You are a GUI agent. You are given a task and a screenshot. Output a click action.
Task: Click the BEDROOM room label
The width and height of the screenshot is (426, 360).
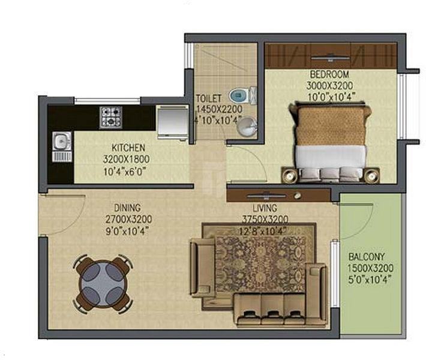tap(329, 74)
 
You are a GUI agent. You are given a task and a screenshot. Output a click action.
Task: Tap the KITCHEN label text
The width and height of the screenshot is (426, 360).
tap(128, 148)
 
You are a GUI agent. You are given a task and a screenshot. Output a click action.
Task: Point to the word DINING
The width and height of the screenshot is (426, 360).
tap(127, 208)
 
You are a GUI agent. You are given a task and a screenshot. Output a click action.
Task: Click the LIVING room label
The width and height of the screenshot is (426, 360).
tap(265, 208)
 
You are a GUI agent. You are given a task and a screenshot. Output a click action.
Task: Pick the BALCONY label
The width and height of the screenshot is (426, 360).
tap(367, 257)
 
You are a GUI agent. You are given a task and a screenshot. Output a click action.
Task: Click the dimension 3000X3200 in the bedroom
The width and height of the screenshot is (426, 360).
tap(329, 86)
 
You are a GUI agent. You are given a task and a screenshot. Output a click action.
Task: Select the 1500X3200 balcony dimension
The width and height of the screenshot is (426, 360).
tap(370, 268)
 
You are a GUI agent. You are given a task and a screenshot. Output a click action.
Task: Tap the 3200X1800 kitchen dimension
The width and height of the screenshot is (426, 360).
tap(126, 159)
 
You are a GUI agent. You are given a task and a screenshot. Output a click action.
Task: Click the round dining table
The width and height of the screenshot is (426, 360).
tap(103, 284)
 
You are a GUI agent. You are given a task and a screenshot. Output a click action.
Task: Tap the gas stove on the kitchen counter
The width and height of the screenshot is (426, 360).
tap(110, 117)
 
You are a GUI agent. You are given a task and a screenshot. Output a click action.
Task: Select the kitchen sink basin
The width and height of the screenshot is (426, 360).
tap(62, 141)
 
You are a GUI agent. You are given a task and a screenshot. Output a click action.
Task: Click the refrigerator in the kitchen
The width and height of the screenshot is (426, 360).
tap(173, 122)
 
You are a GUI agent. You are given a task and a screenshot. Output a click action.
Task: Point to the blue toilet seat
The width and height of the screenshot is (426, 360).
tap(239, 95)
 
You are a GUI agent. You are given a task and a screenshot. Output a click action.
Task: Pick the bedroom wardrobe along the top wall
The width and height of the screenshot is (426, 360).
tap(331, 56)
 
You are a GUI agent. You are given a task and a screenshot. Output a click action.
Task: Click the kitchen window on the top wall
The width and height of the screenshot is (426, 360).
tap(107, 101)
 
